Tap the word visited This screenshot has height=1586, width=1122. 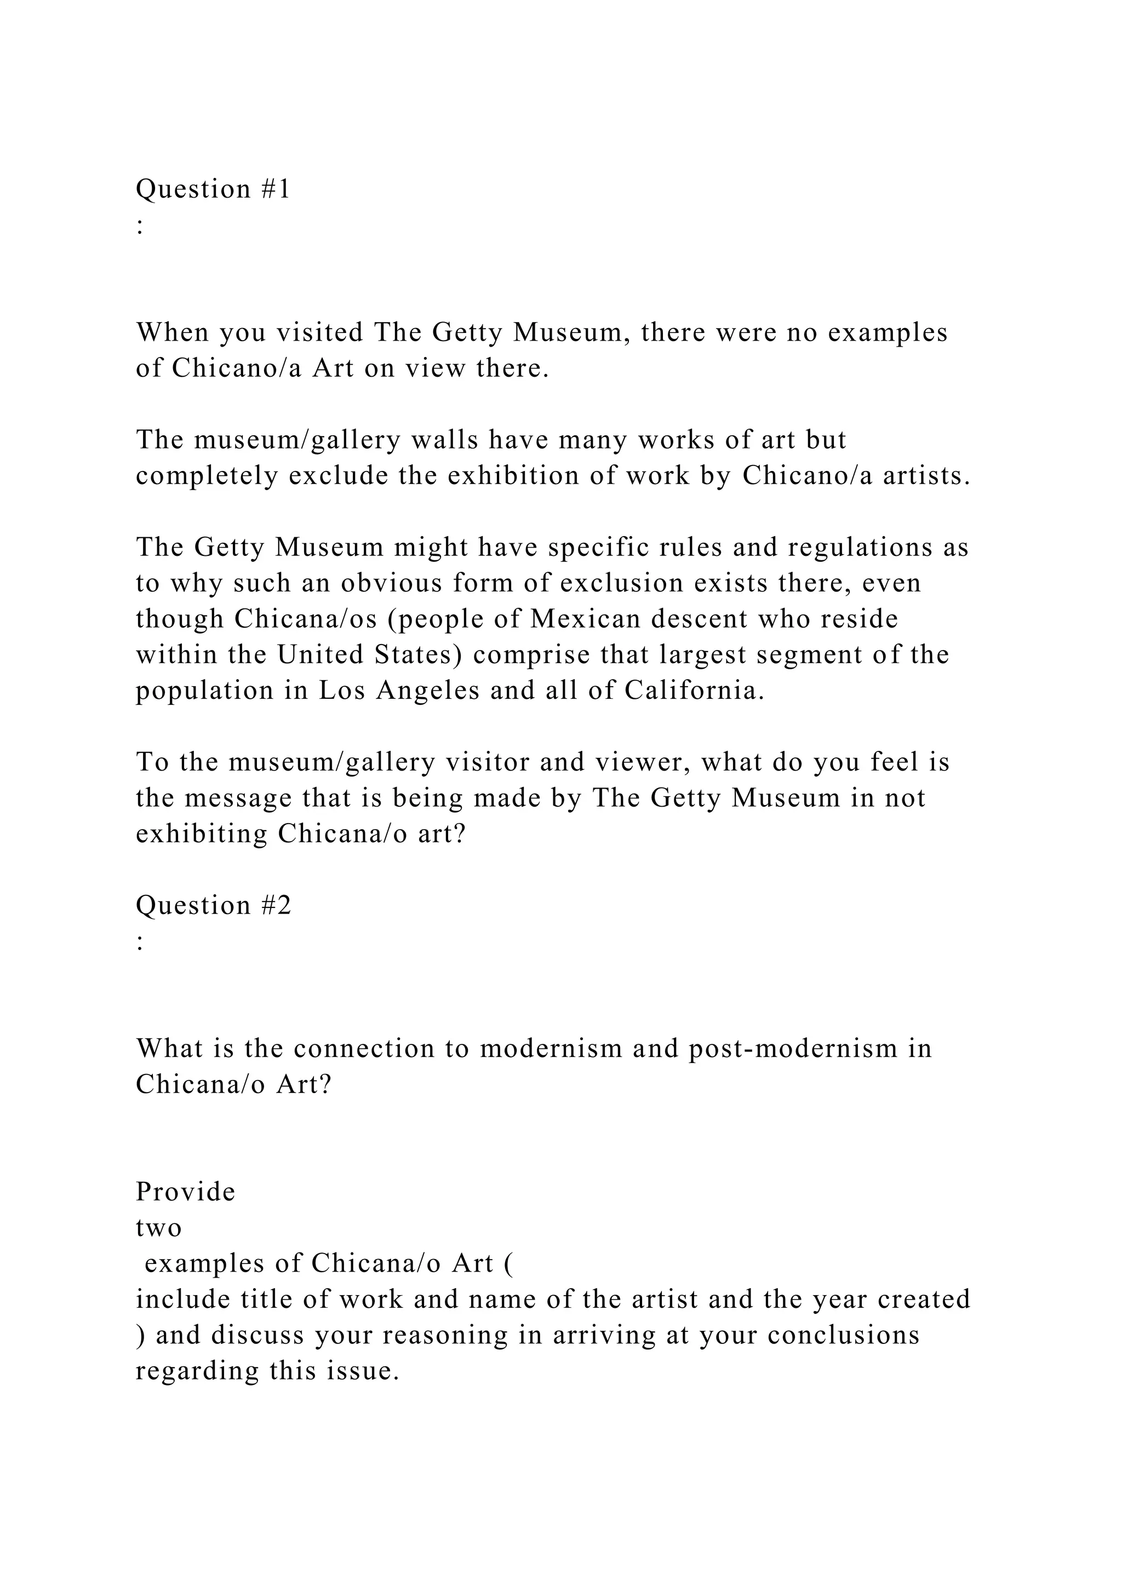coord(319,333)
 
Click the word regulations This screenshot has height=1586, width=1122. coord(860,547)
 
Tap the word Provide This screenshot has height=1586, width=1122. coord(185,1192)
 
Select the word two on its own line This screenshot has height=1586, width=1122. coord(158,1227)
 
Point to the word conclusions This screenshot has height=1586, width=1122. coord(843,1335)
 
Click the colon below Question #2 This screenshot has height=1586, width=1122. coord(140,941)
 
